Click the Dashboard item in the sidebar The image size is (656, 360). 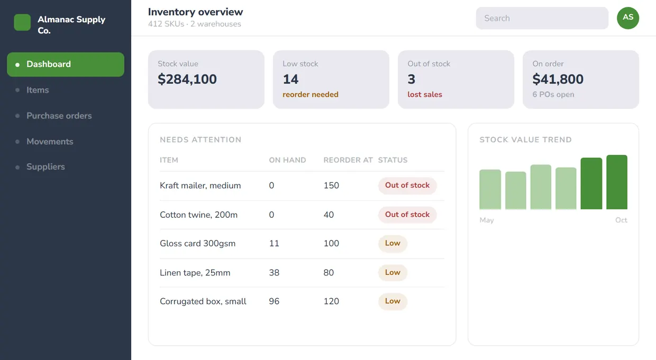65,64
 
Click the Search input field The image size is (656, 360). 542,18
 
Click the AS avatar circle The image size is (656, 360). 628,18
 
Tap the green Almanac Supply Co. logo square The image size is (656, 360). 22,22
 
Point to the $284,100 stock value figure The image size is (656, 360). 187,79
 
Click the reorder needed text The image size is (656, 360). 311,95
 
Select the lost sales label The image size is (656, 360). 425,95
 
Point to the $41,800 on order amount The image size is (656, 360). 558,79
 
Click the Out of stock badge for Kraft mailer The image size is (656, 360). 407,185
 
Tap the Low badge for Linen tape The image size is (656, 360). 393,272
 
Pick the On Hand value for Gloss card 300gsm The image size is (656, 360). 274,244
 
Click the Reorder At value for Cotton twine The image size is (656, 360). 329,215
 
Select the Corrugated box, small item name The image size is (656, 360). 203,301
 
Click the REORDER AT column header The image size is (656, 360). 348,160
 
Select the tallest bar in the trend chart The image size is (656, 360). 617,182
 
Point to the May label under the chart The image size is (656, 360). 486,220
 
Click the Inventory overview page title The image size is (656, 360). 195,12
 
